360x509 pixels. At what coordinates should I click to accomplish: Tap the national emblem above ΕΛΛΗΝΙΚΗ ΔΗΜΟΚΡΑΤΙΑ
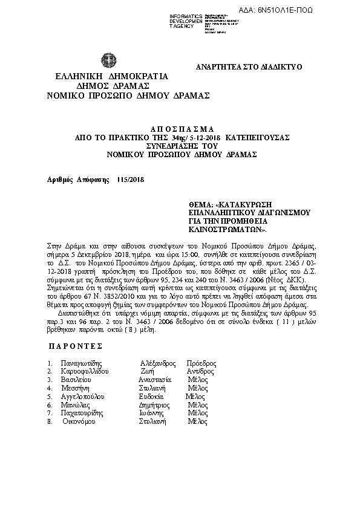109,60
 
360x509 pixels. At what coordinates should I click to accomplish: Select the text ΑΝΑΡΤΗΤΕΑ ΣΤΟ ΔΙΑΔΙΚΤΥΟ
249,67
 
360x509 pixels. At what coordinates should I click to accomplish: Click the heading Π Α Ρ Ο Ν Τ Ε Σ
74,346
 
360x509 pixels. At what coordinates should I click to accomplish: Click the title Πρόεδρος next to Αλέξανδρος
201,363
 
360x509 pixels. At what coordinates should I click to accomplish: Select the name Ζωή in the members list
147,372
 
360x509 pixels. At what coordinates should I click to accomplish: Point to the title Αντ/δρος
200,372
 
